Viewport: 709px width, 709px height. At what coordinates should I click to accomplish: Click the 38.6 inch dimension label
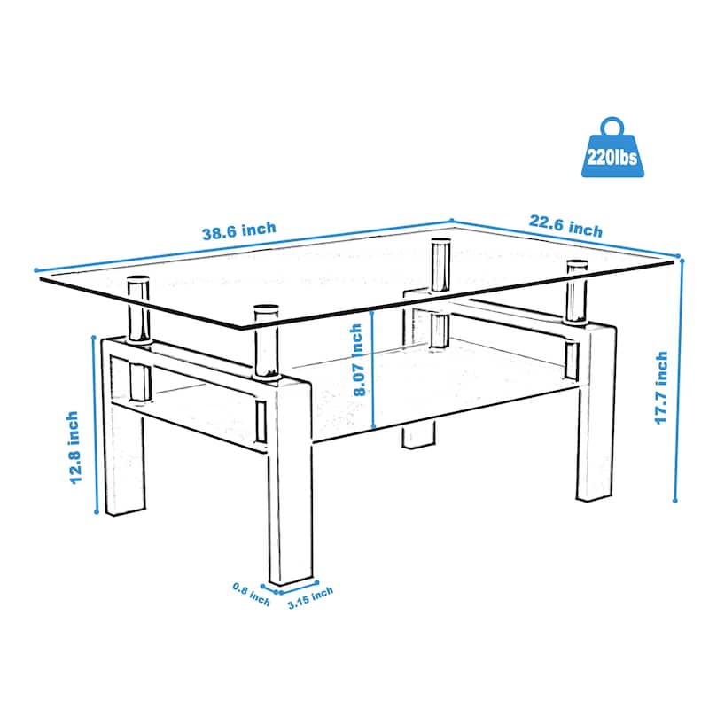[239, 231]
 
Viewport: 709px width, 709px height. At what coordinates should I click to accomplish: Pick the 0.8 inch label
[251, 594]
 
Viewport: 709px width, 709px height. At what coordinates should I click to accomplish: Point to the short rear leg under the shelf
[419, 438]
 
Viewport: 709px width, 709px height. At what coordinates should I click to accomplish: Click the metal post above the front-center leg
[265, 341]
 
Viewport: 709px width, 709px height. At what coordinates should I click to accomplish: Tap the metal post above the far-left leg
[136, 310]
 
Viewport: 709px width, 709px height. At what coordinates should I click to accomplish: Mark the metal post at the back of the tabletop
[439, 266]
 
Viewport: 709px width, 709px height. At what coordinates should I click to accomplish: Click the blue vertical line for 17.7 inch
[682, 381]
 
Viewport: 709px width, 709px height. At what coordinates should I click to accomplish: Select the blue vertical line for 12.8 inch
[94, 422]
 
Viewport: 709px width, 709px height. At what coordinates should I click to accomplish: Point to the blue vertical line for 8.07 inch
[374, 368]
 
